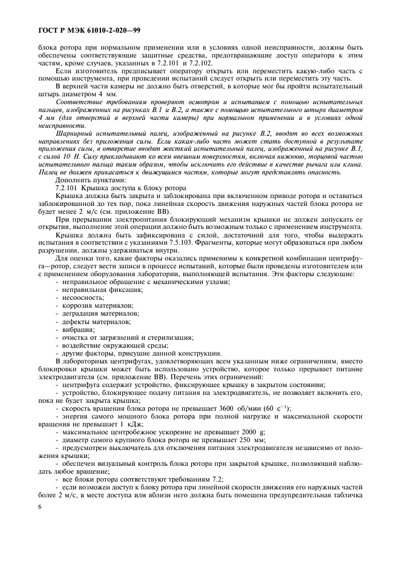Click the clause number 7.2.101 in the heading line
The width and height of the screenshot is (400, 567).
(x=68, y=188)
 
